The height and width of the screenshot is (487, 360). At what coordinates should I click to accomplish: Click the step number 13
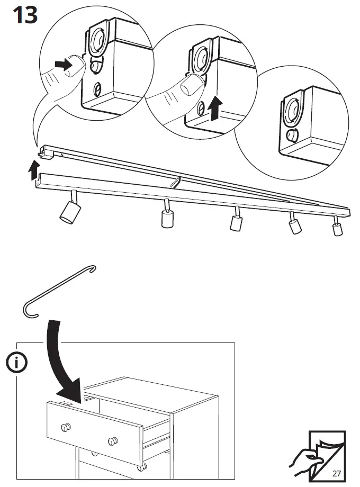[25, 15]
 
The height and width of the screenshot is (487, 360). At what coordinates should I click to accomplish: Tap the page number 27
[337, 472]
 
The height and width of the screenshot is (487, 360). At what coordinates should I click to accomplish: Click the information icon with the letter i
[17, 363]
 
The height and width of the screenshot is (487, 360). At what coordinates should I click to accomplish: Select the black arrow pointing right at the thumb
[64, 66]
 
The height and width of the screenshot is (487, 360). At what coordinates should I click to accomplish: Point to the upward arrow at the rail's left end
[34, 171]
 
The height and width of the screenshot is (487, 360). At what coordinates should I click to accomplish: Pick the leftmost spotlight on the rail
[68, 210]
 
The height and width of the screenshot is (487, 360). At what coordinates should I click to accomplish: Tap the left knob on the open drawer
[66, 427]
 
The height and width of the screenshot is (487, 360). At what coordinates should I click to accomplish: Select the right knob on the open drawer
[112, 441]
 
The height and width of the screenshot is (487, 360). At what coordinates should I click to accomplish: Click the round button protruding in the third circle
[291, 135]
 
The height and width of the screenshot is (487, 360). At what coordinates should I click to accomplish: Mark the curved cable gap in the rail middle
[175, 182]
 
